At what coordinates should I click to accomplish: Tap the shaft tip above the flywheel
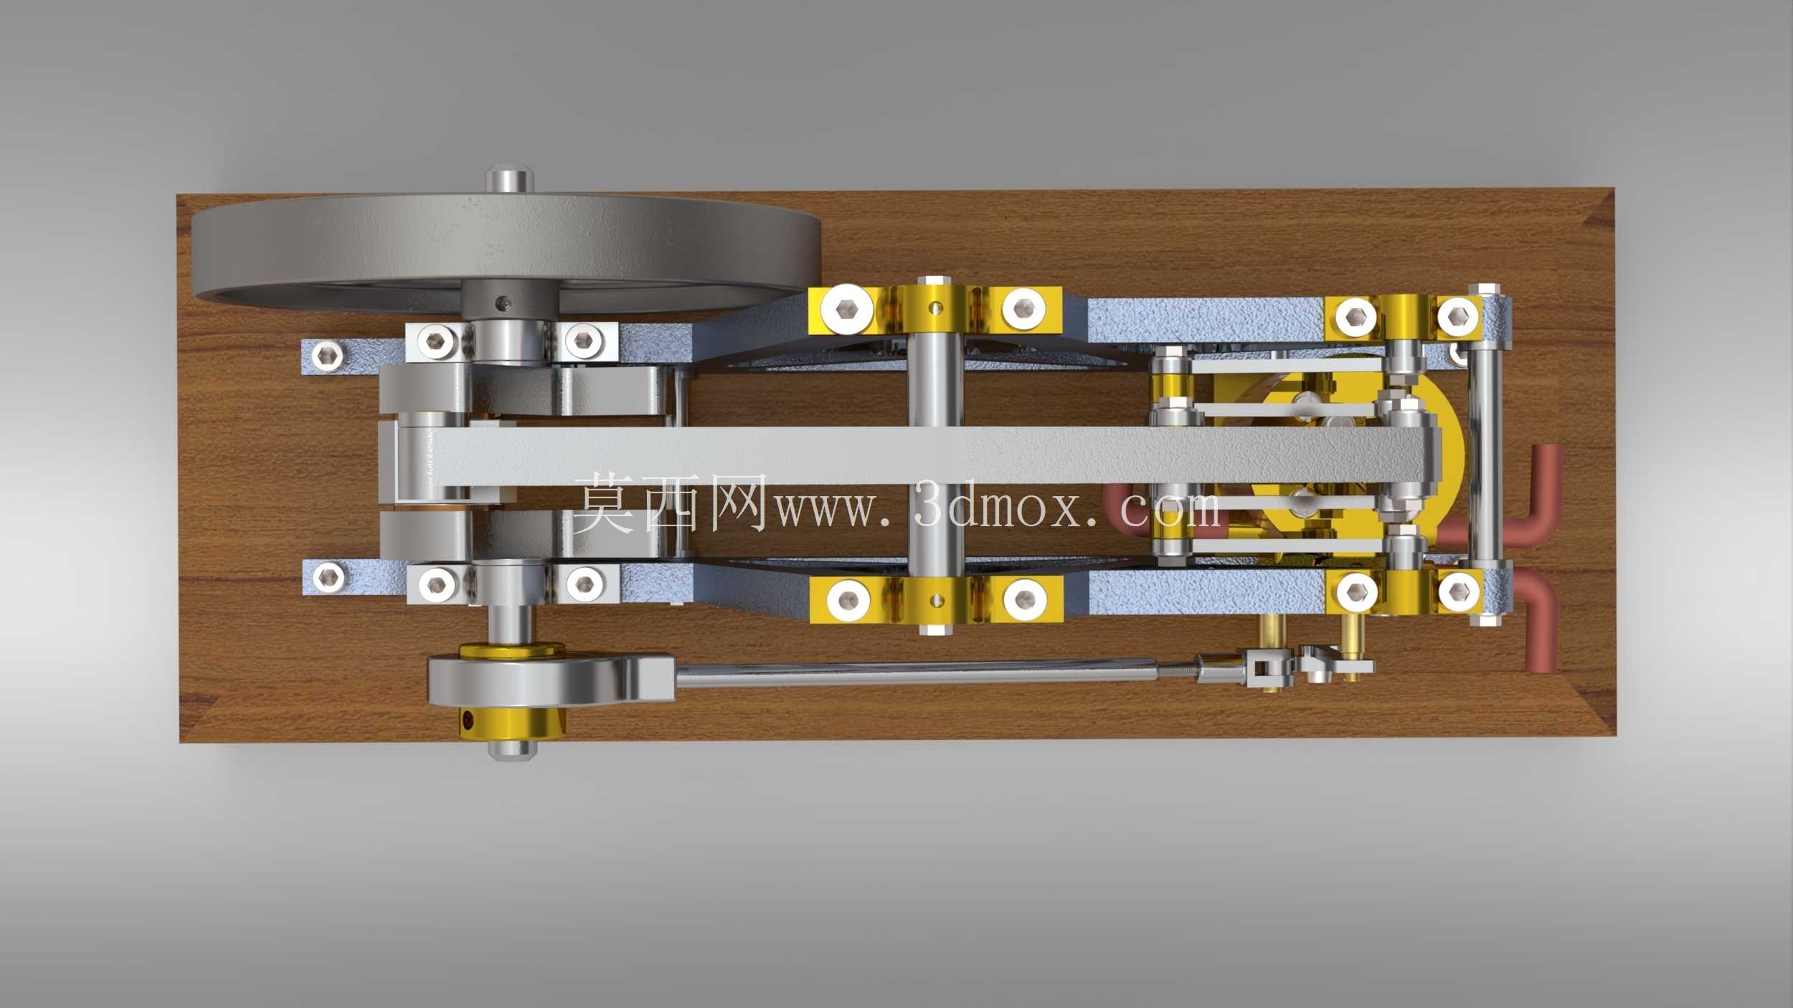point(510,179)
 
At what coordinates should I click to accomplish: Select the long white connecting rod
point(911,457)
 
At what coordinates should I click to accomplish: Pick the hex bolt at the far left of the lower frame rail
point(328,576)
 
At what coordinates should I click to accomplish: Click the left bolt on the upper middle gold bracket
point(848,309)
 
